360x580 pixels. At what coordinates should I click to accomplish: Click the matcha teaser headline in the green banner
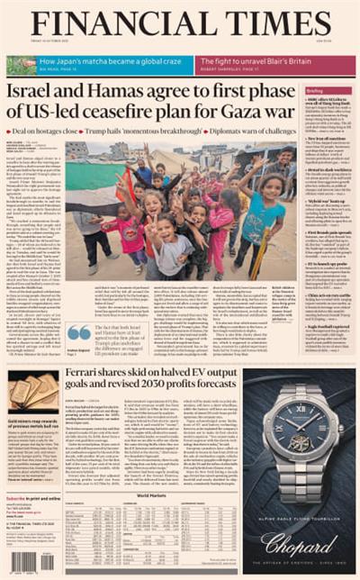(95, 61)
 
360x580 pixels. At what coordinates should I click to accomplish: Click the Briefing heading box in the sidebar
(315, 91)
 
